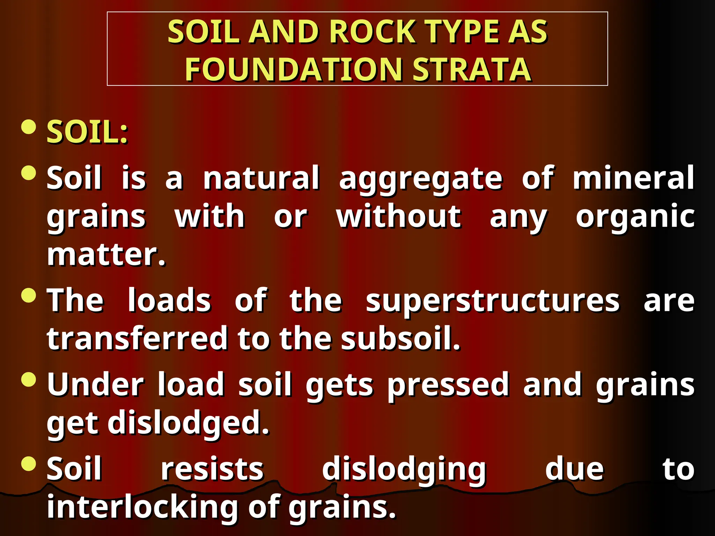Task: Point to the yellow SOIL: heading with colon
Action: [88, 132]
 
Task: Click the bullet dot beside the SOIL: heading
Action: [29, 127]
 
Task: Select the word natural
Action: [261, 178]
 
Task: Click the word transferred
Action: [137, 338]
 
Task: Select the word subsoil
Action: [400, 338]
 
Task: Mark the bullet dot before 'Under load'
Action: [29, 380]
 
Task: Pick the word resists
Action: [212, 469]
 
